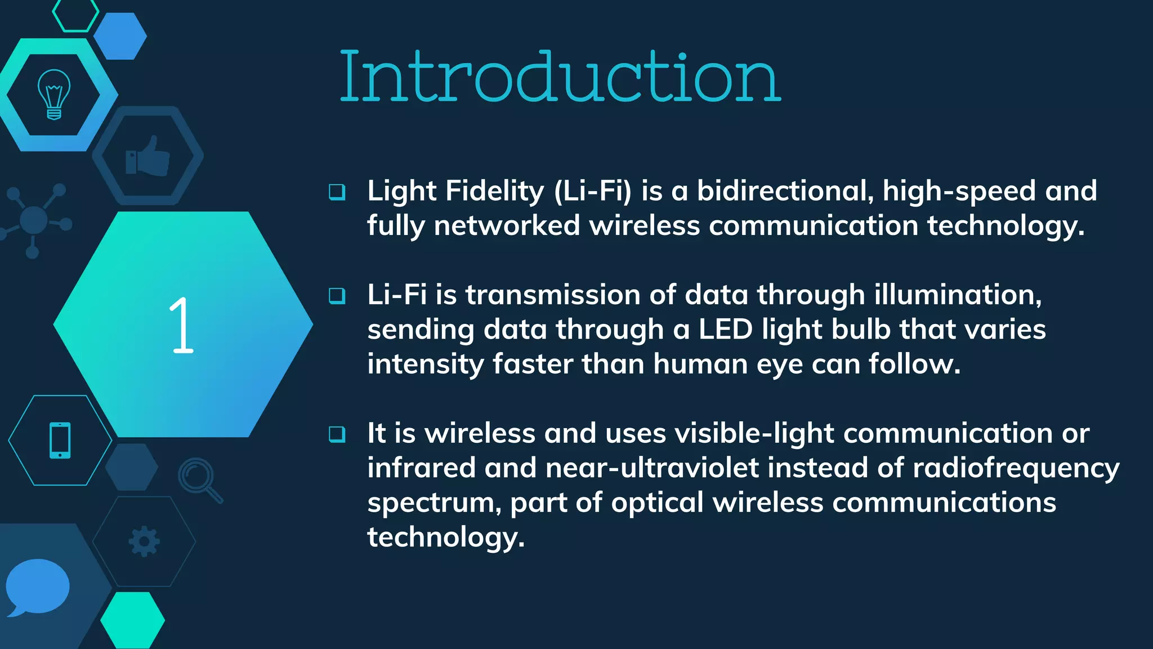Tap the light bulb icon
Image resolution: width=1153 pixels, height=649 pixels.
coord(54,94)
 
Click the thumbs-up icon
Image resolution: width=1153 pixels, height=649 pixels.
coord(148,156)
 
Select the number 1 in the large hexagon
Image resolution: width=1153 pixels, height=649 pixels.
coord(181,325)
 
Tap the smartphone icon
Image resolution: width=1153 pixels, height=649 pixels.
coord(60,440)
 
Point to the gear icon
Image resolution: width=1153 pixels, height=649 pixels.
coord(144,541)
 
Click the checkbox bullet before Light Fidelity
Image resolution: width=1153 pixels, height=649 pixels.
coord(337,192)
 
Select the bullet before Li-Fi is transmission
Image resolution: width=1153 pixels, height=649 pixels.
coord(337,295)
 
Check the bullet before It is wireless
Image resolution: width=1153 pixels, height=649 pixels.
coord(337,434)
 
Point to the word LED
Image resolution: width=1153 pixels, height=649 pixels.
coord(725,329)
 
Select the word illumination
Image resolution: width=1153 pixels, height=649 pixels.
coord(958,295)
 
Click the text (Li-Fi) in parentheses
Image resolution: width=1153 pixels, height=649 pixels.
coord(593,190)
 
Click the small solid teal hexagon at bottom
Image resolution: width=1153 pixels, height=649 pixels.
coord(132,620)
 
